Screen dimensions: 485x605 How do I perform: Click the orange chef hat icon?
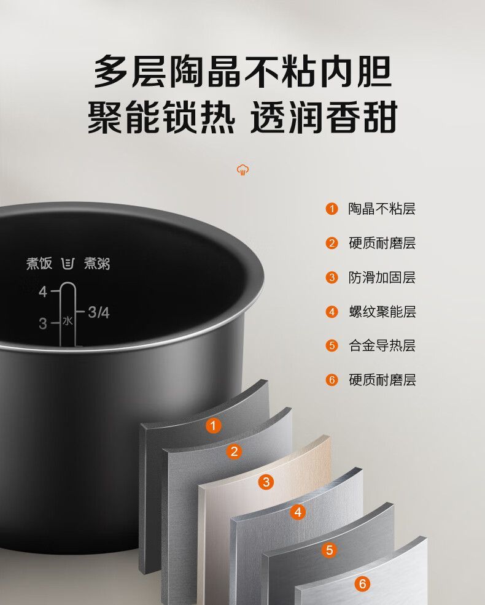click(243, 170)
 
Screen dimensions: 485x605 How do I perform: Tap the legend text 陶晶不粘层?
click(382, 209)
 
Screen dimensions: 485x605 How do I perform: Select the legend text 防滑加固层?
click(382, 277)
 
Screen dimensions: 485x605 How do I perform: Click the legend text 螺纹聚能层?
click(382, 312)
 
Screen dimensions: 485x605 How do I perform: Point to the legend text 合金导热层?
click(382, 345)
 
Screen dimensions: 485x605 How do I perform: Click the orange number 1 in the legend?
click(332, 209)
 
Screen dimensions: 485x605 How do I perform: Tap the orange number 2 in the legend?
click(332, 243)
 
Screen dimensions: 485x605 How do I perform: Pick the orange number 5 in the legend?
click(332, 345)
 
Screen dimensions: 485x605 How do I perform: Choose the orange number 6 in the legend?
click(332, 380)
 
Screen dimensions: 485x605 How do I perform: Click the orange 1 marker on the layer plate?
click(213, 426)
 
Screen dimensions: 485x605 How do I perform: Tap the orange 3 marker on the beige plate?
click(266, 482)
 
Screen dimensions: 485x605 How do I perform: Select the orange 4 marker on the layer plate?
click(298, 512)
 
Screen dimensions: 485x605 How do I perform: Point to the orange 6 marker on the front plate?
click(362, 584)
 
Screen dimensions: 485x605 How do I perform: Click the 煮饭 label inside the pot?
click(39, 263)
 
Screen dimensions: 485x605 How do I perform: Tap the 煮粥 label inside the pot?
click(98, 263)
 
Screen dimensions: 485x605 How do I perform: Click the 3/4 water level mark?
click(98, 312)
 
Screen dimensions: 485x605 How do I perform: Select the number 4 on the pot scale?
click(43, 291)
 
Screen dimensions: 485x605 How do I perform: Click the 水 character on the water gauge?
click(68, 321)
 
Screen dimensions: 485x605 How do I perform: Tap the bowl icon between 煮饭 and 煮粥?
click(68, 263)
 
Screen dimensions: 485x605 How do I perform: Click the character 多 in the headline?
click(111, 72)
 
